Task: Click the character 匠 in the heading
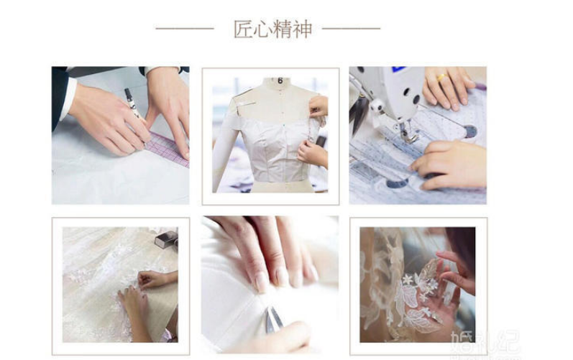(244, 29)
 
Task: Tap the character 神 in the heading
(303, 29)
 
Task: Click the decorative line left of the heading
(185, 28)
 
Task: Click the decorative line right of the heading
(351, 28)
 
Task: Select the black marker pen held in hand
(132, 103)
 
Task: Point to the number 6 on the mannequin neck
(280, 80)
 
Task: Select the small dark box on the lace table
(166, 239)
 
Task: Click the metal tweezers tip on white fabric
(274, 320)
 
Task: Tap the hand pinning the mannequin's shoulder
(318, 106)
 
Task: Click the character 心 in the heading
(263, 29)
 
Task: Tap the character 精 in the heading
(283, 29)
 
